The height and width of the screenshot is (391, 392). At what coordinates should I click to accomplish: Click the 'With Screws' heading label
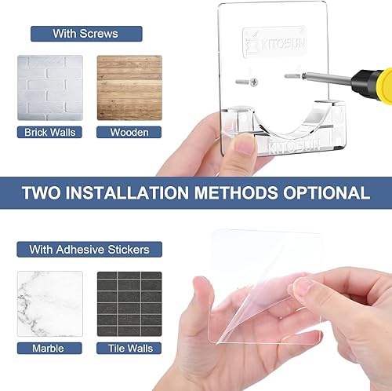(85, 34)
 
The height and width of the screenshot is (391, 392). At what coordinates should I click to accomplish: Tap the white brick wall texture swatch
(50, 87)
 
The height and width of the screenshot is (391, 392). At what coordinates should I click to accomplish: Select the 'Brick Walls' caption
(50, 132)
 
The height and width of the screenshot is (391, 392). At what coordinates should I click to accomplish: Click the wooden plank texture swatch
(129, 87)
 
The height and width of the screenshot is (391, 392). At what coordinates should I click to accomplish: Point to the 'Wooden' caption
(129, 132)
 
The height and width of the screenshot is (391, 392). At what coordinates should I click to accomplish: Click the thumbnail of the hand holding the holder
(245, 144)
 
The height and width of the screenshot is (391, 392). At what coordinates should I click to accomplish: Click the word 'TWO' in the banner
(45, 193)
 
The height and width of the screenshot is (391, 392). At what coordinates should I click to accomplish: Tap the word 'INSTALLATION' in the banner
(140, 193)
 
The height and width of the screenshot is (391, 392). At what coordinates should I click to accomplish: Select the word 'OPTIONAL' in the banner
(327, 193)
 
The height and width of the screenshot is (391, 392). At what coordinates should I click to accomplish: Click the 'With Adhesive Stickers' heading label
(89, 250)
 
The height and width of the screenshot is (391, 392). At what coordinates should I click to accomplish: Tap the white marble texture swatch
(50, 304)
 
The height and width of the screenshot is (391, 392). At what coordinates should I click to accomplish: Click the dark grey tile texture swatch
(129, 304)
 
